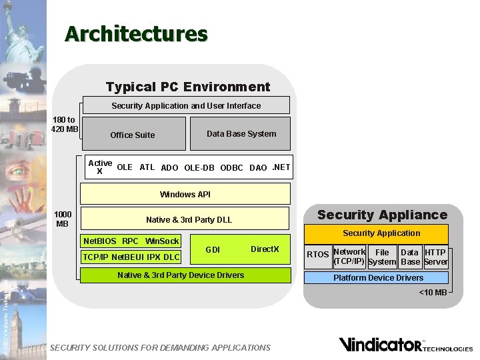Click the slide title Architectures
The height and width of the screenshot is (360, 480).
pyautogui.click(x=136, y=33)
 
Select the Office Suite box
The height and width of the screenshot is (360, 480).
pyautogui.click(x=132, y=135)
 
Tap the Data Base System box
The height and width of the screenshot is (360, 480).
pyautogui.click(x=241, y=134)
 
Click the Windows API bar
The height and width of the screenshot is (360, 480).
pyautogui.click(x=185, y=194)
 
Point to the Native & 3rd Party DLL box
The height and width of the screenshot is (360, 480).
pyautogui.click(x=189, y=219)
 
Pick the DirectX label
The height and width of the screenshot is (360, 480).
pyautogui.click(x=265, y=249)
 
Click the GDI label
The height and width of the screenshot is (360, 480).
pyautogui.click(x=213, y=250)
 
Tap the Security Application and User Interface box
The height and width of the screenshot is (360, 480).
pyautogui.click(x=186, y=105)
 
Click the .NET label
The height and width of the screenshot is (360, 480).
pyautogui.click(x=281, y=167)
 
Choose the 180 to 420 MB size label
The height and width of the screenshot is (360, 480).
pyautogui.click(x=65, y=125)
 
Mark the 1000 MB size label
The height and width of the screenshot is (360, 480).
pyautogui.click(x=63, y=219)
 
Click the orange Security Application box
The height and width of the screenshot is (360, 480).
pyautogui.click(x=381, y=233)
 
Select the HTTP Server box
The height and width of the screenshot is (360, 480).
pyautogui.click(x=435, y=257)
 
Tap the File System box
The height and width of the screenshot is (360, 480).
pyautogui.click(x=382, y=257)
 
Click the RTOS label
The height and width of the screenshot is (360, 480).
pyautogui.click(x=318, y=254)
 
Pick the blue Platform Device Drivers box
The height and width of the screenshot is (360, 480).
pyautogui.click(x=378, y=278)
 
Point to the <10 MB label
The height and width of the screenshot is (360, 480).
pyautogui.click(x=433, y=293)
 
